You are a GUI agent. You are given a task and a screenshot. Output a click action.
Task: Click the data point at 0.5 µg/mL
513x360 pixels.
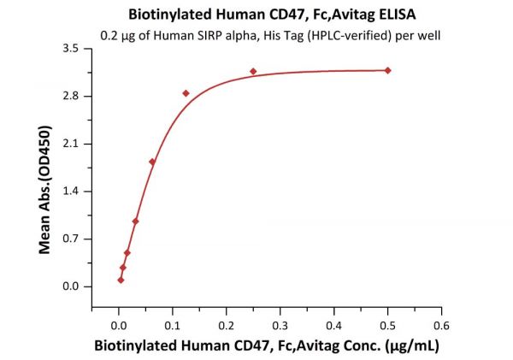387,70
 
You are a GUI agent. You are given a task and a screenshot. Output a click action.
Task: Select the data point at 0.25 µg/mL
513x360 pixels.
253,71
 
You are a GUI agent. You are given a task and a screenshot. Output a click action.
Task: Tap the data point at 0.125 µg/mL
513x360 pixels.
186,92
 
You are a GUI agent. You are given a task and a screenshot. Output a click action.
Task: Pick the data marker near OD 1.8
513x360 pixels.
152,162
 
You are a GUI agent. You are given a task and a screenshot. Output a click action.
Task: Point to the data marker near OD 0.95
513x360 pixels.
135,221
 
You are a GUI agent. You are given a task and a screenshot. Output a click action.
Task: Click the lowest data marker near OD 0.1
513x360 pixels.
121,280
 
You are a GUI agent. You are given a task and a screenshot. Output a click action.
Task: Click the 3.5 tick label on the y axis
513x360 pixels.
71,49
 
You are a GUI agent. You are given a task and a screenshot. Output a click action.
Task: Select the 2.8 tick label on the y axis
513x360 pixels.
71,97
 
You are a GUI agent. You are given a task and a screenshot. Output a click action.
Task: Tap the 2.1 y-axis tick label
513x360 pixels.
71,144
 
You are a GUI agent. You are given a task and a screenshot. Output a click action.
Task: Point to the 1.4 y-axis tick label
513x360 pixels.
71,192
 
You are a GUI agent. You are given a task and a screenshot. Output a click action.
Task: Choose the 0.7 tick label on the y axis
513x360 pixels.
71,239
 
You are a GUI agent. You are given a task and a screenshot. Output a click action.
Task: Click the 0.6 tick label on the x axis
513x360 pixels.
441,326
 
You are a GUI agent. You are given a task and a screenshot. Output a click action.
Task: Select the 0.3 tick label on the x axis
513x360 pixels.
280,326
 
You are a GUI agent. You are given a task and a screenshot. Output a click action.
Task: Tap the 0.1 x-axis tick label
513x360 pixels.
173,326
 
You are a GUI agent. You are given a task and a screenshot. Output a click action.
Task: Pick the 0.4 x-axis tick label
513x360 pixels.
333,326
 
